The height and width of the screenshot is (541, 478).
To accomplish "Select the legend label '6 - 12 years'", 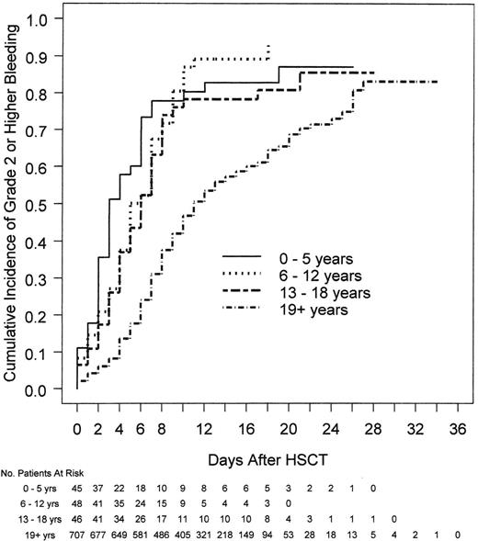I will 316,276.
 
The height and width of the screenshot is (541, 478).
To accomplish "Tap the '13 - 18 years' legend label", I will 320,293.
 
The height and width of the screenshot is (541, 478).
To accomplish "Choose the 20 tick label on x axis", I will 289,427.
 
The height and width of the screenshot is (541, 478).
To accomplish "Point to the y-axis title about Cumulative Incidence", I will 17,202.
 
